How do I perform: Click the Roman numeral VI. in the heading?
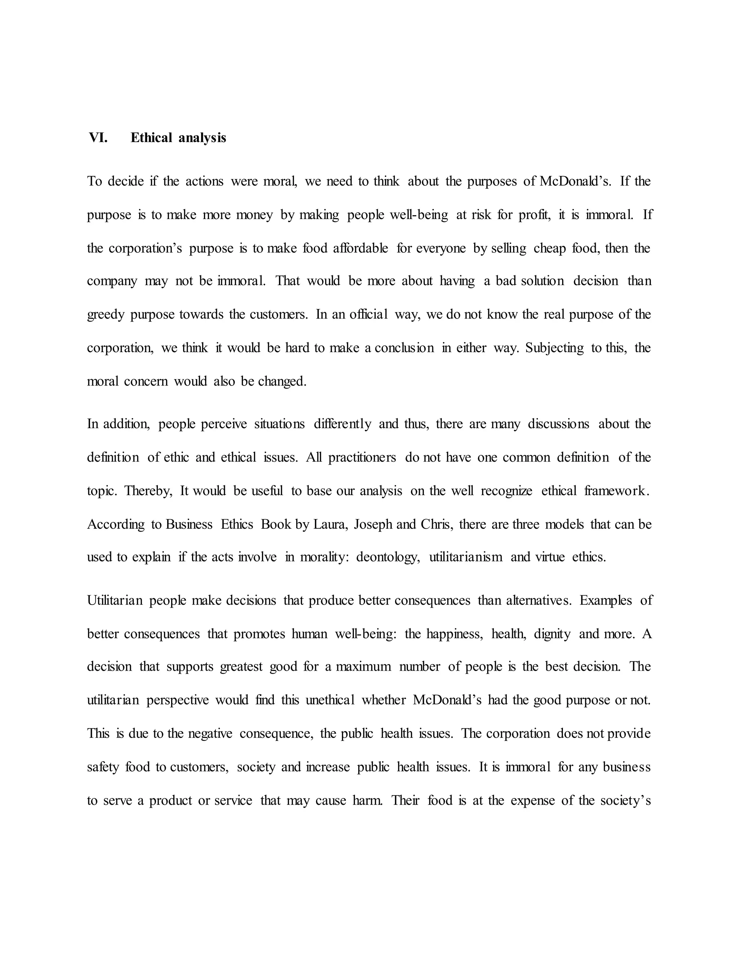coord(98,138)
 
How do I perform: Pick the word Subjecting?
coord(554,348)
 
